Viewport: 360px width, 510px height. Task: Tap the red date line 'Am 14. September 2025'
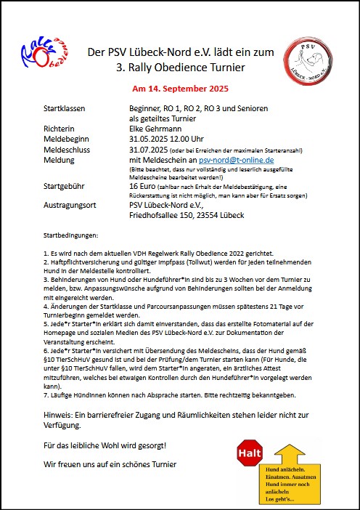pos(180,89)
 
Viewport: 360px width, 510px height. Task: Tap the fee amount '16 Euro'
pos(144,187)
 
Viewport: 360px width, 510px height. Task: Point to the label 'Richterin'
pos(60,129)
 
